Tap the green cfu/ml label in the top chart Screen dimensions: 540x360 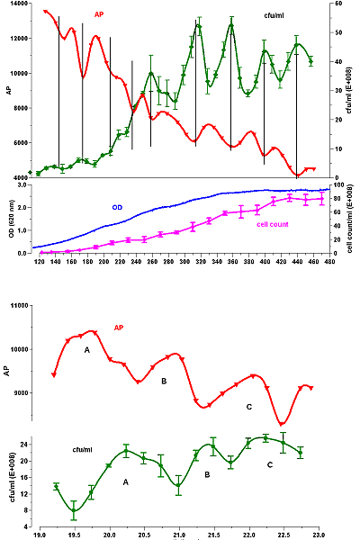(x=268, y=15)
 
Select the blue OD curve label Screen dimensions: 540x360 (x=117, y=207)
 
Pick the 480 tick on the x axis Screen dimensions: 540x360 (x=329, y=261)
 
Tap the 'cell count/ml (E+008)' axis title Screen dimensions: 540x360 (x=351, y=219)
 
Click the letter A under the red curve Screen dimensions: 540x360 (x=87, y=348)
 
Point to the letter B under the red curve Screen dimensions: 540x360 (x=164, y=382)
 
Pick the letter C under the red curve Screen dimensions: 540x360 (x=247, y=407)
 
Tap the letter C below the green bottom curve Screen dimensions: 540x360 (x=269, y=464)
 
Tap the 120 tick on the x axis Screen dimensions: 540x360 (x=40, y=261)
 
